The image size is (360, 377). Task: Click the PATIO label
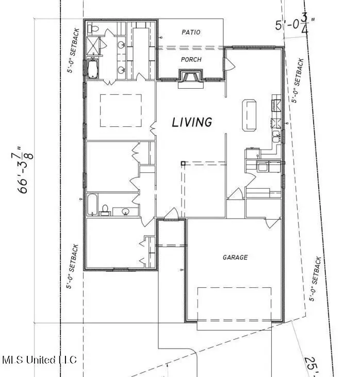(x=191, y=32)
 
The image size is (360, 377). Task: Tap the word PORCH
(x=191, y=59)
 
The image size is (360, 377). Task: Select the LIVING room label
(x=192, y=122)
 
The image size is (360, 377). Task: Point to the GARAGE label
(x=235, y=257)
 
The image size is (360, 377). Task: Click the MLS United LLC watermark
(x=39, y=359)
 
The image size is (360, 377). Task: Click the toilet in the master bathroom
(x=93, y=28)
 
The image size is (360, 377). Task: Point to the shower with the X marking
(x=93, y=47)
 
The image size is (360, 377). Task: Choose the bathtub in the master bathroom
(x=93, y=69)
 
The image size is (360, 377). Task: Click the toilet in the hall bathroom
(x=105, y=209)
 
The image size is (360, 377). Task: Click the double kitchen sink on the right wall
(x=276, y=137)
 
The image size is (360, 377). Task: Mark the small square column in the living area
(x=183, y=163)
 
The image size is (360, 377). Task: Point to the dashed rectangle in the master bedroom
(x=121, y=110)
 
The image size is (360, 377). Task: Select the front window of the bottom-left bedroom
(x=121, y=269)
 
